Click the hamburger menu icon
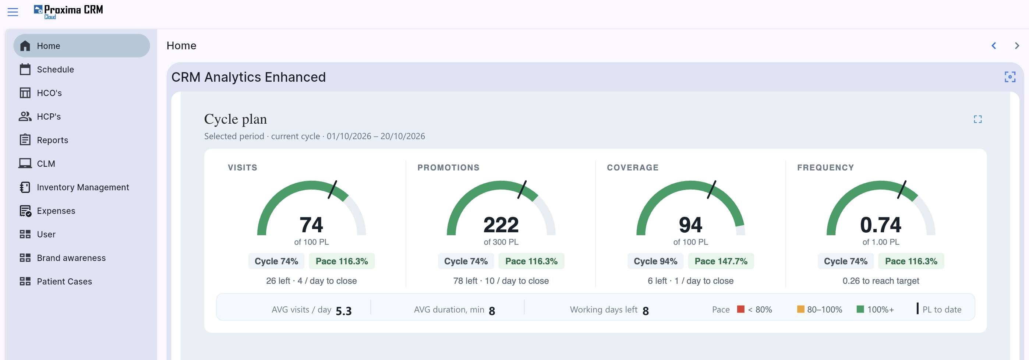pyautogui.click(x=13, y=12)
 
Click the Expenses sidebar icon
pyautogui.click(x=25, y=211)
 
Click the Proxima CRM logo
pyautogui.click(x=68, y=11)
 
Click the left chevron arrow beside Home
pyautogui.click(x=994, y=46)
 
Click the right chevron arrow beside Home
pyautogui.click(x=1017, y=46)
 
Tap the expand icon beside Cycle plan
pyautogui.click(x=977, y=119)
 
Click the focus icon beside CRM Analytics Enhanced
pyautogui.click(x=1010, y=77)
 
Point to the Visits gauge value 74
pyautogui.click(x=311, y=225)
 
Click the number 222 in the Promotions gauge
pyautogui.click(x=501, y=225)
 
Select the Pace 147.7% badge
pyautogui.click(x=721, y=261)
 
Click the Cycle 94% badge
pyautogui.click(x=655, y=261)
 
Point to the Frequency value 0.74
pyautogui.click(x=880, y=225)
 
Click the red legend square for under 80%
pyautogui.click(x=740, y=309)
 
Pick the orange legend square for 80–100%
pyautogui.click(x=800, y=309)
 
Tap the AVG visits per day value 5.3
pyautogui.click(x=343, y=311)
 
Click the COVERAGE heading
pyautogui.click(x=633, y=167)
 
